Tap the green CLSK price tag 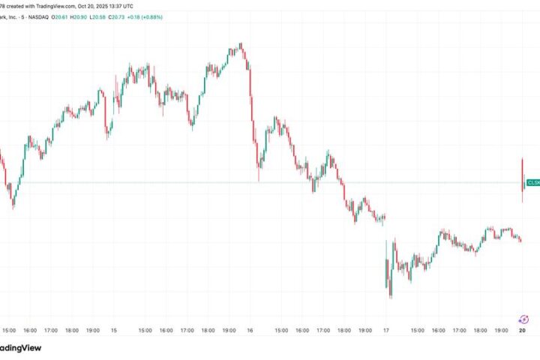(532, 182)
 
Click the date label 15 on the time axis (114, 330)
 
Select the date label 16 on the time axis (250, 330)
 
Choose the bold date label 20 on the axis (523, 330)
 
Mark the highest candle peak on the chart (240, 44)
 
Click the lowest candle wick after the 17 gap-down (391, 297)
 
